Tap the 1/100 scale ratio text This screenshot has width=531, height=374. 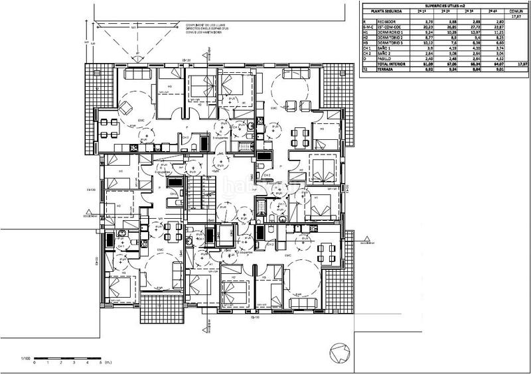[26, 358]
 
